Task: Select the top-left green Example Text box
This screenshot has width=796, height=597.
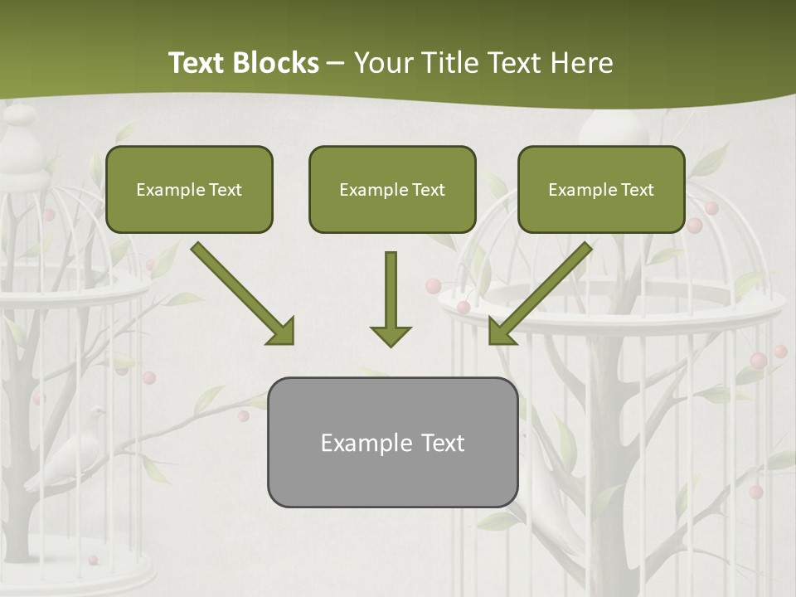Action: click(189, 189)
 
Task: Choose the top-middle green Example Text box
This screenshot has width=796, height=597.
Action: click(392, 189)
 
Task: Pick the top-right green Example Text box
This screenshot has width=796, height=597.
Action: click(601, 189)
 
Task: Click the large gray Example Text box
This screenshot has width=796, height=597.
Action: click(392, 442)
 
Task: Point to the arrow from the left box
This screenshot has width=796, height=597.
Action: click(242, 294)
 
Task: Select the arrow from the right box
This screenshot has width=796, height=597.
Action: click(540, 294)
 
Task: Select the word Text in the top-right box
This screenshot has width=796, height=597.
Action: click(638, 190)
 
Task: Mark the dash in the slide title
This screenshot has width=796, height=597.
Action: click(336, 64)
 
